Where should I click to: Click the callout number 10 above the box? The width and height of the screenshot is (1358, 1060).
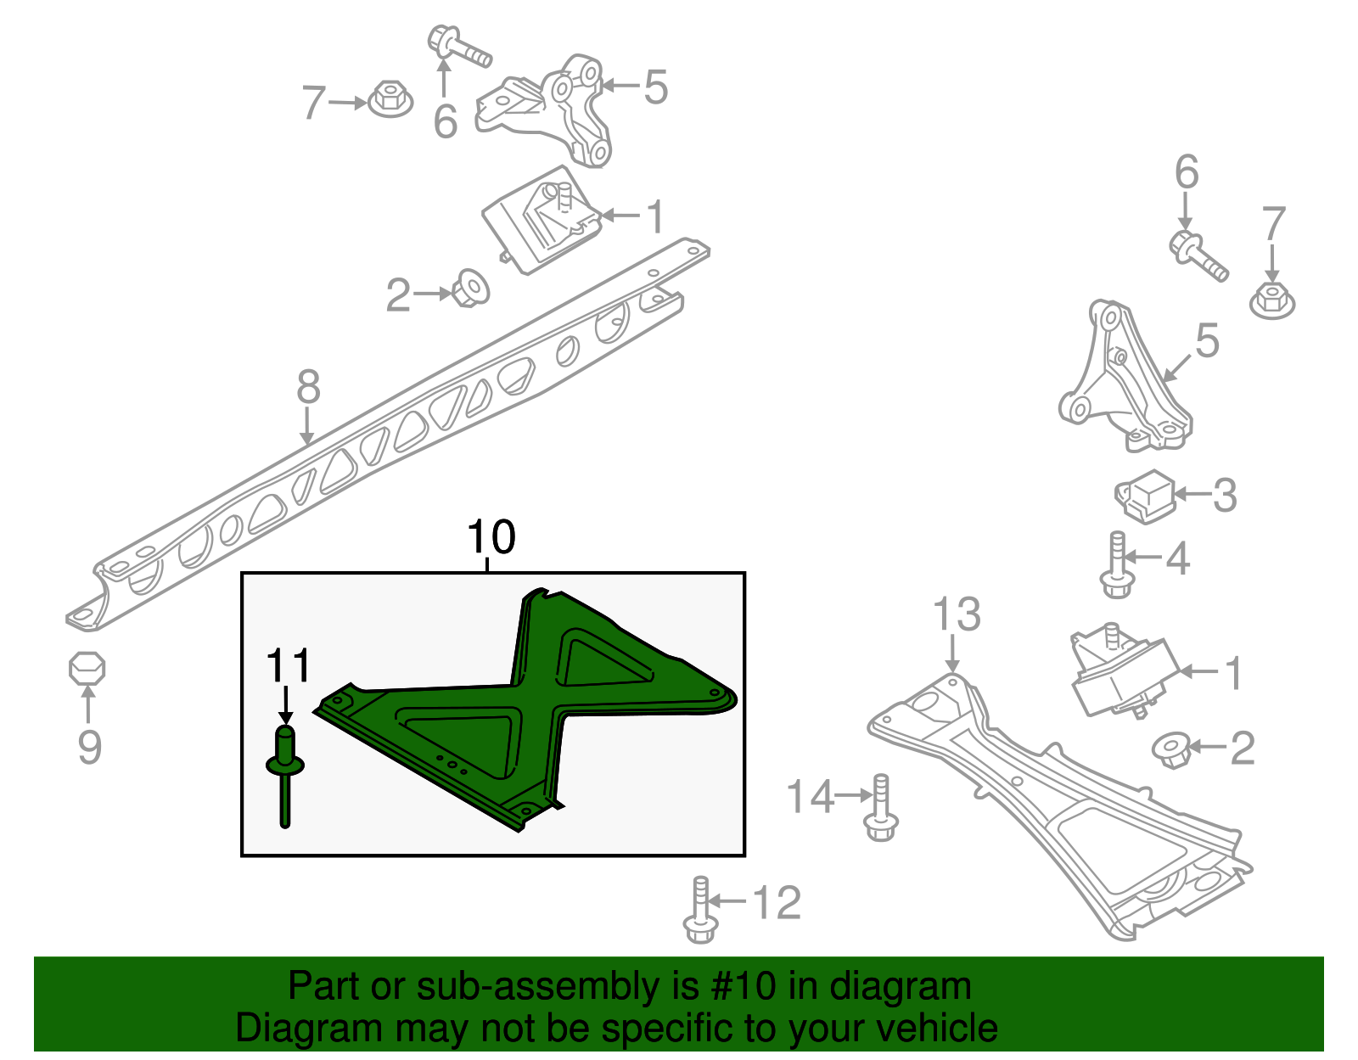491,537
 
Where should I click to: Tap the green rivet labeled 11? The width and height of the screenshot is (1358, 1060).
285,772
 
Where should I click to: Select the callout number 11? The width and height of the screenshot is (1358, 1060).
289,667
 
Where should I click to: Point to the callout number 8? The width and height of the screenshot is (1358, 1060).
308,387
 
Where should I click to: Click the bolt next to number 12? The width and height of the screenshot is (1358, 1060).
699,911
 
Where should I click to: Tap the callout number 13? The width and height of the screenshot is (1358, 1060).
957,614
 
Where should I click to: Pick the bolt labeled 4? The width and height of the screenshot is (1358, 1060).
1117,565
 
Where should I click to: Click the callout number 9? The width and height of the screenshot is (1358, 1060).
89,747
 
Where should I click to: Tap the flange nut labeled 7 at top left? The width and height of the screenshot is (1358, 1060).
391,98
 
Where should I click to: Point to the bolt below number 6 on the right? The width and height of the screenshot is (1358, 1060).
1198,254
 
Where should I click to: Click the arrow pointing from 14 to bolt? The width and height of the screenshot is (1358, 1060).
853,796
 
